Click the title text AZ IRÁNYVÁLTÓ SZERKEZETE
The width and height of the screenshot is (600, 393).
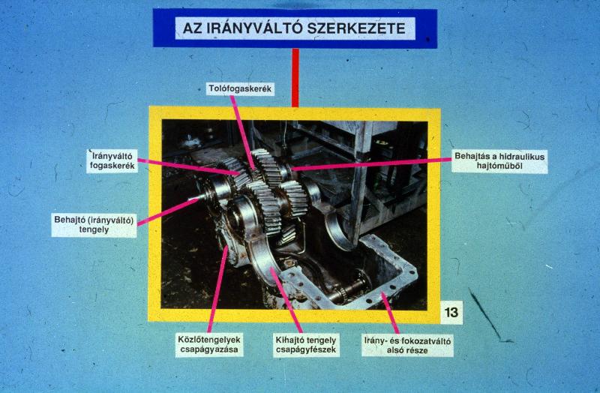click(x=294, y=28)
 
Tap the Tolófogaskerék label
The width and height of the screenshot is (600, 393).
click(x=240, y=88)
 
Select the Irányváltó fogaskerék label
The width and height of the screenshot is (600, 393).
click(x=112, y=161)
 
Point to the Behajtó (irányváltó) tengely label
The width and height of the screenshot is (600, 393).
click(x=94, y=225)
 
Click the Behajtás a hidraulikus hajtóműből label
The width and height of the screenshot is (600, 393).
click(x=499, y=161)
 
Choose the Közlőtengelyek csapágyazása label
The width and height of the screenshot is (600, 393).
click(x=209, y=344)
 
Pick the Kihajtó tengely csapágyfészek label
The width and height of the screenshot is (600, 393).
click(x=306, y=345)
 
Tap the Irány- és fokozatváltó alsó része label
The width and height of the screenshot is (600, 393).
click(x=407, y=346)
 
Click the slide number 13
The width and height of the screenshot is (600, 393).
click(x=451, y=312)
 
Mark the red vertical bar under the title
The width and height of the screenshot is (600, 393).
click(x=295, y=78)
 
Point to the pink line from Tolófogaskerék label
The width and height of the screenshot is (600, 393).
click(x=241, y=132)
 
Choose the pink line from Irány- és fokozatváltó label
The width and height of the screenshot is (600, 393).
click(x=391, y=313)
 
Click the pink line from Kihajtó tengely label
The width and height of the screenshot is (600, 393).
click(x=286, y=301)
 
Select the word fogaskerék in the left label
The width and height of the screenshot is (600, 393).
click(x=112, y=166)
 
